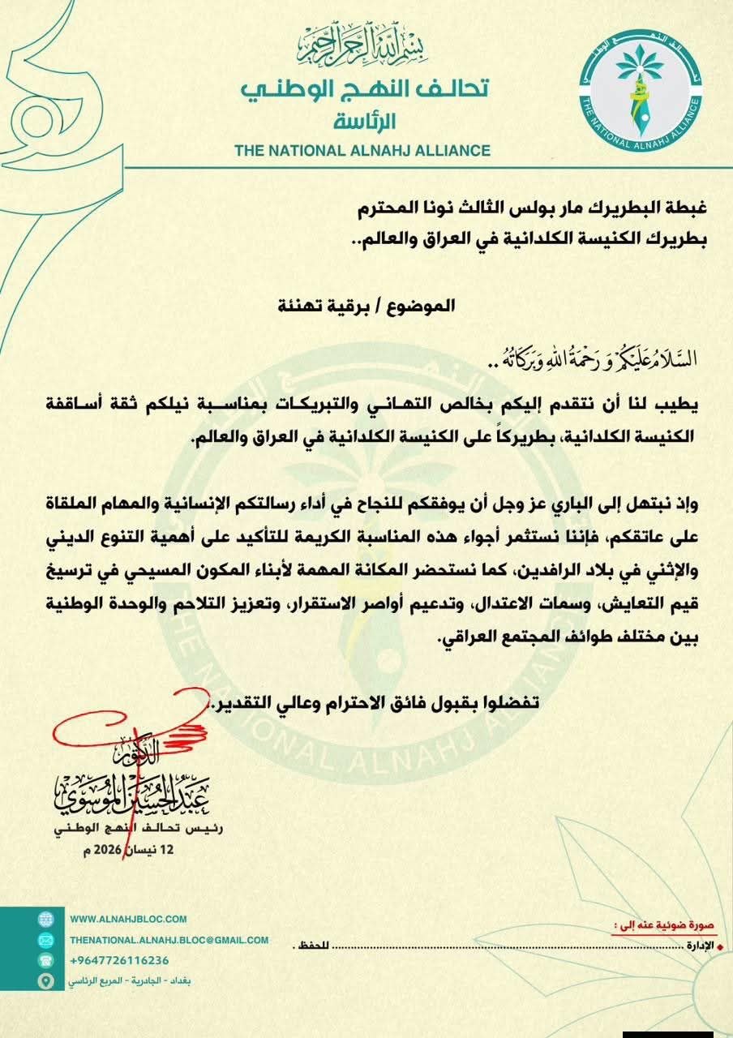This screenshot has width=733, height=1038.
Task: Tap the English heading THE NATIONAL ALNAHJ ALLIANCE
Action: pyautogui.click(x=362, y=150)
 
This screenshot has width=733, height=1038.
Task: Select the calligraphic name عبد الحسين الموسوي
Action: pyautogui.click(x=138, y=791)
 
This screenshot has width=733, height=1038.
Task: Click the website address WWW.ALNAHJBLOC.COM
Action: pyautogui.click(x=129, y=919)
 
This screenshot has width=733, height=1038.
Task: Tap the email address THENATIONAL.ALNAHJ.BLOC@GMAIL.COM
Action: pyautogui.click(x=169, y=940)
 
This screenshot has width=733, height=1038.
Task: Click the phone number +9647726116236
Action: pyautogui.click(x=119, y=960)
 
